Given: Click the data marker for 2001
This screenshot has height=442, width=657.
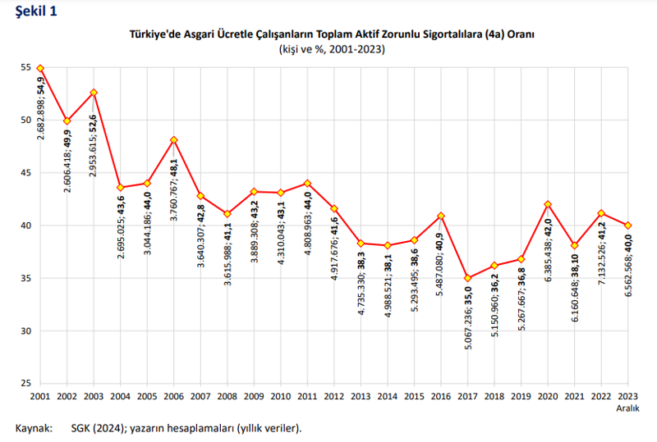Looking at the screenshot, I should [40, 68].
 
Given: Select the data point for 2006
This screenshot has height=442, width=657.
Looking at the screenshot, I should [173, 139].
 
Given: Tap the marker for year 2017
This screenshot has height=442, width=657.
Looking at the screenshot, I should [468, 278].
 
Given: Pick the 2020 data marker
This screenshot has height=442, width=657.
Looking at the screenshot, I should [548, 204].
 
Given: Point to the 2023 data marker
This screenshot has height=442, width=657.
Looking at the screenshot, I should [627, 226].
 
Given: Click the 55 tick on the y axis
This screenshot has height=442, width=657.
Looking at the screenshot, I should [26, 67].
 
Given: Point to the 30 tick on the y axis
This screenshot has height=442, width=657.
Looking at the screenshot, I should [26, 331].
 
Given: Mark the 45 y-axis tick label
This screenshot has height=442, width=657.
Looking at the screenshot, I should [26, 173].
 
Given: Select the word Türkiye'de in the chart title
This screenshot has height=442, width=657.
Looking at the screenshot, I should [154, 34].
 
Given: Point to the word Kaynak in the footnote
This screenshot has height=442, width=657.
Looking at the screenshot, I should [33, 428].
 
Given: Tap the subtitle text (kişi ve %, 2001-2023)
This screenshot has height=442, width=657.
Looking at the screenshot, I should [332, 49].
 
